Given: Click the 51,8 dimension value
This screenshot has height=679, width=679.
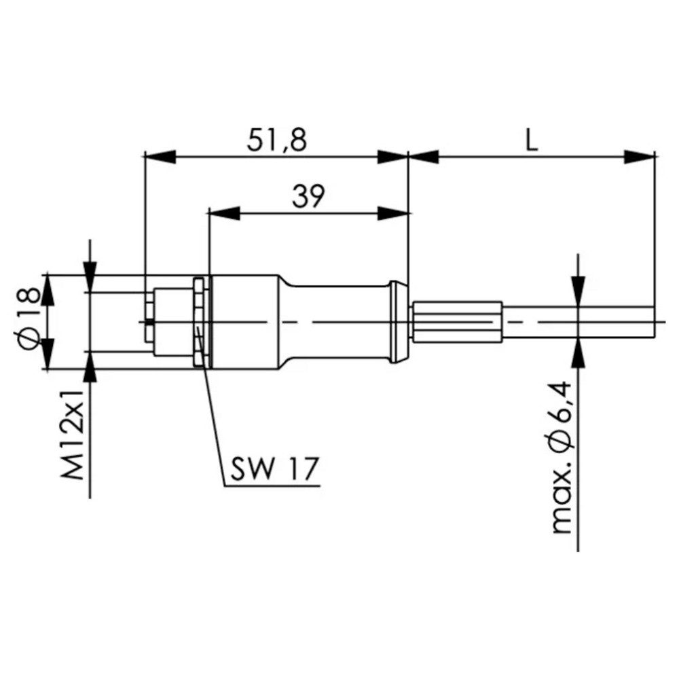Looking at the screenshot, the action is (x=277, y=141).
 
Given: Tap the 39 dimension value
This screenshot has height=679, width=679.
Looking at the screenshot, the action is (x=308, y=196).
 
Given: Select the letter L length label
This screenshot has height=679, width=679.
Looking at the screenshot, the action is (x=532, y=141).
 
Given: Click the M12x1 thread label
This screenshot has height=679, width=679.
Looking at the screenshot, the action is (x=73, y=435).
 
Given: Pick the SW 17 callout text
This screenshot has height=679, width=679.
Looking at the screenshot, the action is (x=274, y=468).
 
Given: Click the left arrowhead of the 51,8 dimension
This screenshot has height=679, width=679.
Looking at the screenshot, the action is (x=161, y=157).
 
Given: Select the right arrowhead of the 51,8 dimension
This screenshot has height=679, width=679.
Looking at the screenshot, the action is (x=392, y=157).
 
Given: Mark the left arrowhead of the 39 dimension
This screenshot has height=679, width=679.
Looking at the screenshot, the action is (x=224, y=213).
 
